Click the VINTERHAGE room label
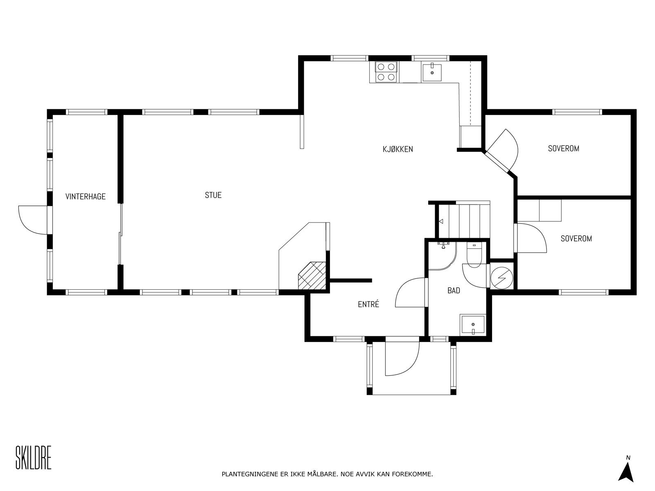click(x=86, y=196)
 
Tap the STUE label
click(x=213, y=195)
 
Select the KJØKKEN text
click(x=398, y=149)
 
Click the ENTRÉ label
click(x=368, y=304)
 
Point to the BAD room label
click(x=454, y=291)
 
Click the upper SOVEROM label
click(x=563, y=149)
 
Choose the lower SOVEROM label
click(x=576, y=239)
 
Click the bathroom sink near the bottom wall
click(x=472, y=325)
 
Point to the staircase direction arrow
click(x=441, y=222)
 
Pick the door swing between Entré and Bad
click(x=411, y=293)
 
